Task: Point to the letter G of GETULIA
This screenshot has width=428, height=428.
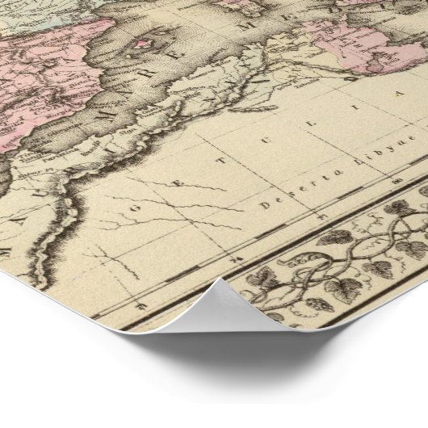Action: [x=129, y=220]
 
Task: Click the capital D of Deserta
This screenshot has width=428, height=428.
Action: [x=263, y=205]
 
